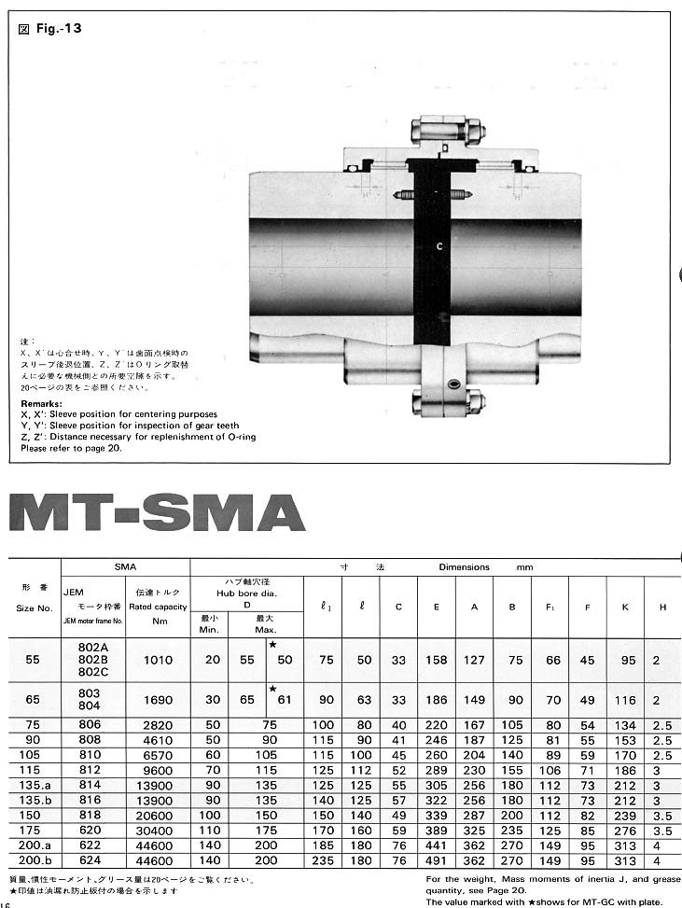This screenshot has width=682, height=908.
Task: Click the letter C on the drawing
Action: (x=438, y=246)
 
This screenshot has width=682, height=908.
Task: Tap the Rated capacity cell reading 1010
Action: (x=158, y=660)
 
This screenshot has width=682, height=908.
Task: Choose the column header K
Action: (x=624, y=608)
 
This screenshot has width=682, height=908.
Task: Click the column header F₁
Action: (x=550, y=608)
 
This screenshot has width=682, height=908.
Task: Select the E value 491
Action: (x=436, y=860)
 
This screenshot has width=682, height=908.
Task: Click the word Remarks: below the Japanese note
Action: (x=41, y=404)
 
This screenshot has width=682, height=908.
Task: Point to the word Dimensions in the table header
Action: (x=464, y=567)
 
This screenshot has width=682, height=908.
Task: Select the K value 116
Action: (x=624, y=700)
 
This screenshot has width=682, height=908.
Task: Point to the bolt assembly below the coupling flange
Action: (x=447, y=401)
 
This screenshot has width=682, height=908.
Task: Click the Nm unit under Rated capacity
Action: (x=158, y=622)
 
